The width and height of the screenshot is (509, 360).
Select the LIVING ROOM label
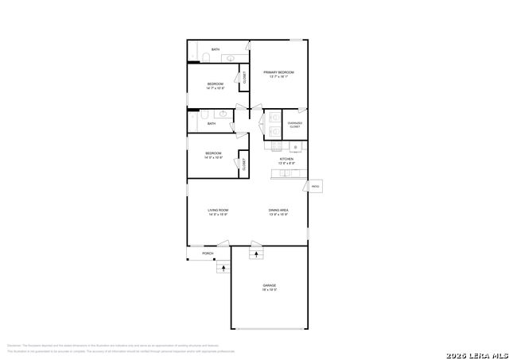click(218, 211)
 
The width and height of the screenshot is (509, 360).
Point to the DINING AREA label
click(278, 211)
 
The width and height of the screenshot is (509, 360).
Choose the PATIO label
click(316, 187)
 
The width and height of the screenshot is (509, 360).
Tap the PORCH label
click(208, 254)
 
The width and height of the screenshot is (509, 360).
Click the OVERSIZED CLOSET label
click(294, 125)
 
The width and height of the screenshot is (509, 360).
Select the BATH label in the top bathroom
click(216, 50)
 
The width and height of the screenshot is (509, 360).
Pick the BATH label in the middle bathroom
click(211, 123)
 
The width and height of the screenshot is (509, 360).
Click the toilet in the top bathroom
click(204, 57)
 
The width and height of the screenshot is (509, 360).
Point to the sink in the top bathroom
click(229, 57)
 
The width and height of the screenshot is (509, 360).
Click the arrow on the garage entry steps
click(256, 254)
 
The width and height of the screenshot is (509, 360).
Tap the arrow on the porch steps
click(223, 268)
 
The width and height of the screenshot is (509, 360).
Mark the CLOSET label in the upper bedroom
click(244, 78)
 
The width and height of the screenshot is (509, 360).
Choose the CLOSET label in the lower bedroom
click(242, 165)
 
